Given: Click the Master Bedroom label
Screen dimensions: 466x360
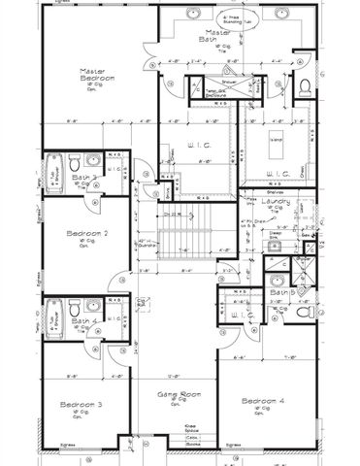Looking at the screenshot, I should pyautogui.click(x=97, y=76).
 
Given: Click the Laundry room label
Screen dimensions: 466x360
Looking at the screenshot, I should pyautogui.click(x=281, y=201).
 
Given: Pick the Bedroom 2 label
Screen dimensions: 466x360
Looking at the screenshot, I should pyautogui.click(x=86, y=234).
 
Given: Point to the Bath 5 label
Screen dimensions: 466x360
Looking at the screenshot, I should pyautogui.click(x=281, y=291).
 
